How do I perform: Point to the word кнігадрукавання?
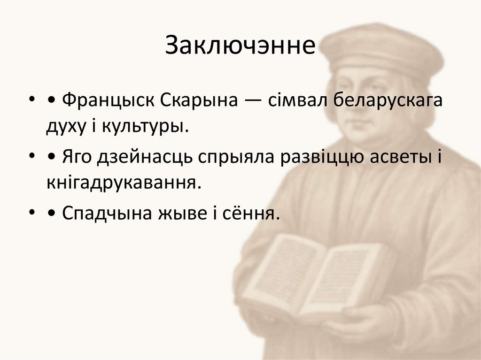point(120,183)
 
